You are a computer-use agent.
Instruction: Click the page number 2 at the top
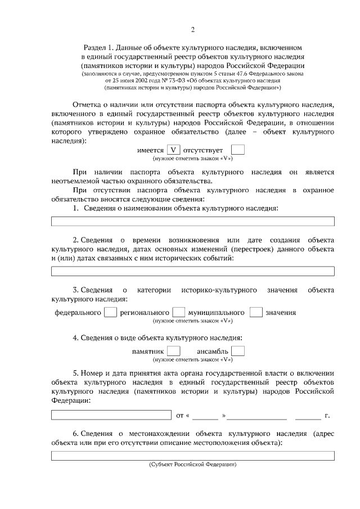(192, 29)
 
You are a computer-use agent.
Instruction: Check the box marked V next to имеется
(174, 150)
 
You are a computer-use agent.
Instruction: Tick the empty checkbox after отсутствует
(238, 150)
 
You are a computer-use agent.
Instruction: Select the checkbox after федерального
(111, 312)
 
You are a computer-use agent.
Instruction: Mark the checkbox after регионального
(178, 312)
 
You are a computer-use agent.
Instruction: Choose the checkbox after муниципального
(256, 312)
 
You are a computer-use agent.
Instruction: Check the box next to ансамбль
(238, 351)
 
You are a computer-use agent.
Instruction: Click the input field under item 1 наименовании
(192, 221)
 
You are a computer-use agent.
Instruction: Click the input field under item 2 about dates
(192, 272)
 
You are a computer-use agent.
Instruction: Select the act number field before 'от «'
(111, 415)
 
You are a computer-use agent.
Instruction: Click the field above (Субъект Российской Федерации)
(192, 456)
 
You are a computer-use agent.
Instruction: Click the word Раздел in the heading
(94, 48)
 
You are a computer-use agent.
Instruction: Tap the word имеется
(150, 151)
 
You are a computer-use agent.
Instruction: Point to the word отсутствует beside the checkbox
(203, 151)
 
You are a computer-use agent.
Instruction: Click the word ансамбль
(213, 351)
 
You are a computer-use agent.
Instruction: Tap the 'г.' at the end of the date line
(327, 416)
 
